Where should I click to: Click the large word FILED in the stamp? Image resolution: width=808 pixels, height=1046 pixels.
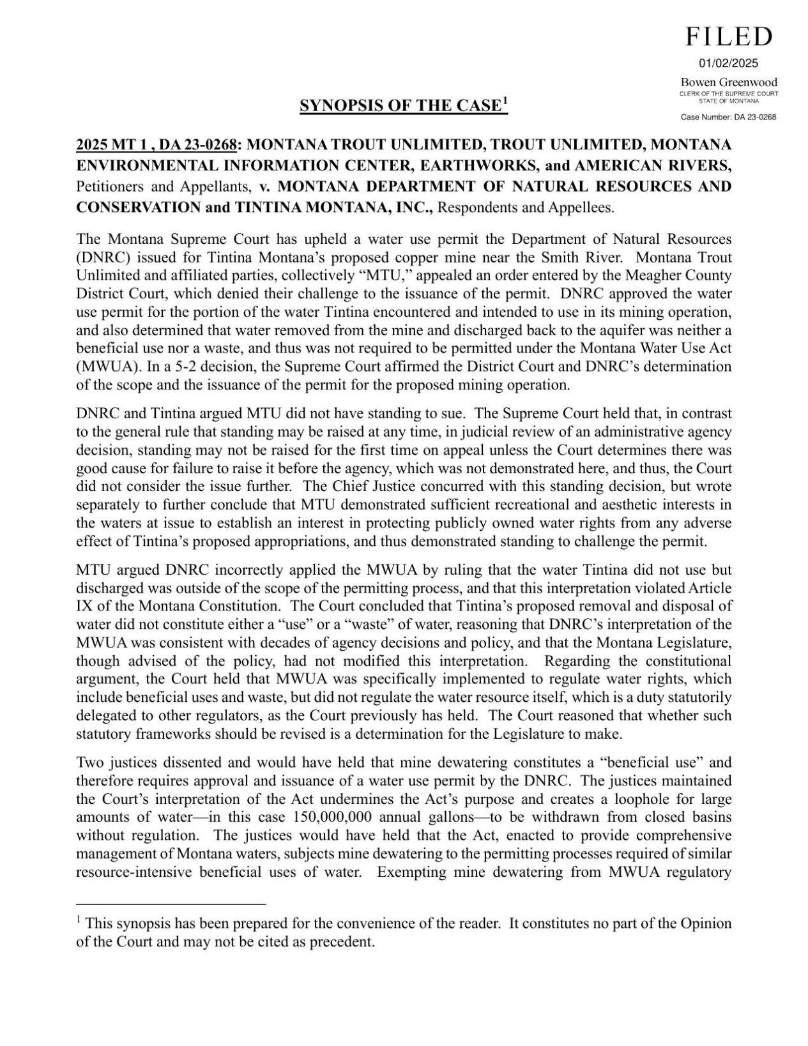click(x=729, y=37)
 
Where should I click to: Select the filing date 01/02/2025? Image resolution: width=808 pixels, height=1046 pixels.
click(x=728, y=63)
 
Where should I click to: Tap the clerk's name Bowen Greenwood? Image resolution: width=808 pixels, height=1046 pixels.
click(x=729, y=82)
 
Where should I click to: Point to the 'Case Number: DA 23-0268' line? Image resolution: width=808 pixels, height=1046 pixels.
click(x=728, y=117)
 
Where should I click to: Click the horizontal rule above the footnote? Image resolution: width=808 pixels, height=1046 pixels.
click(x=171, y=904)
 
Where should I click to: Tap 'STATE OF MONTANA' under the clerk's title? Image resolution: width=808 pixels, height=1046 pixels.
click(x=729, y=101)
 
